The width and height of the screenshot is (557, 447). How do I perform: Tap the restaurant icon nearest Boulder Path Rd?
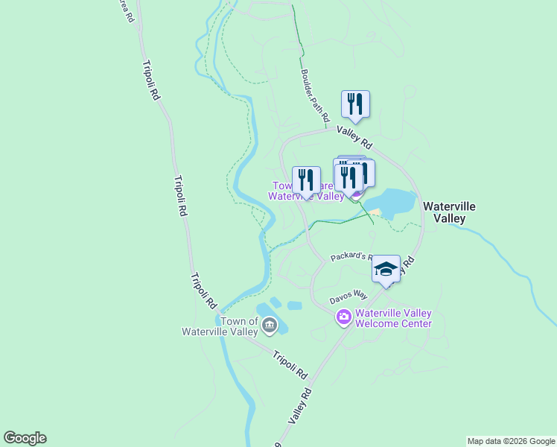355,104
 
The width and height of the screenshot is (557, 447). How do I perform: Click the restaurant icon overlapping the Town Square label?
306,180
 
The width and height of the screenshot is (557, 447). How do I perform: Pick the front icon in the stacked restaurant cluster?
348,177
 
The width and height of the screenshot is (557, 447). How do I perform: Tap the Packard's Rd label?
351,256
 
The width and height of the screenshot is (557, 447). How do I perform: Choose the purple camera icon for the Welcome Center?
343,318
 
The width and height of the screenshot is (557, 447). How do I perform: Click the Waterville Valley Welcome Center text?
393,319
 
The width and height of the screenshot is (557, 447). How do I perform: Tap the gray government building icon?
269,326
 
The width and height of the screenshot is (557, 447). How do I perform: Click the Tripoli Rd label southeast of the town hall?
290,364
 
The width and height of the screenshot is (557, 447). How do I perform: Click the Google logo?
25,438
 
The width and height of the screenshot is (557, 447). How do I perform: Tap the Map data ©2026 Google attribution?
511,441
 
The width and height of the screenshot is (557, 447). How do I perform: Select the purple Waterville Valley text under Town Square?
305,197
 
